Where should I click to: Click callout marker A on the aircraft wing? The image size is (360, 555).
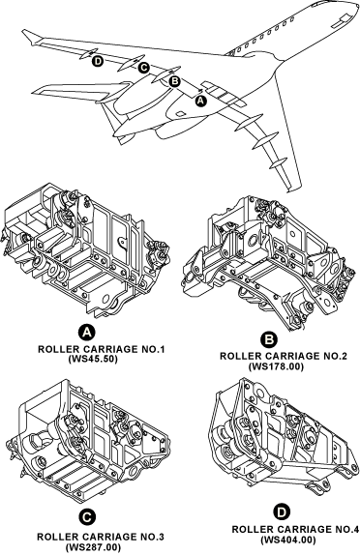click(x=201, y=100)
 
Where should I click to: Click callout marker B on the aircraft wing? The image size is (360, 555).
click(x=174, y=82)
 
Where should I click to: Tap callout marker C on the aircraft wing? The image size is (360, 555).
click(x=143, y=67)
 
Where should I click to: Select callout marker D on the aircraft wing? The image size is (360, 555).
click(x=98, y=61)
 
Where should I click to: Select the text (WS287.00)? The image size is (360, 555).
click(x=93, y=546)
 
